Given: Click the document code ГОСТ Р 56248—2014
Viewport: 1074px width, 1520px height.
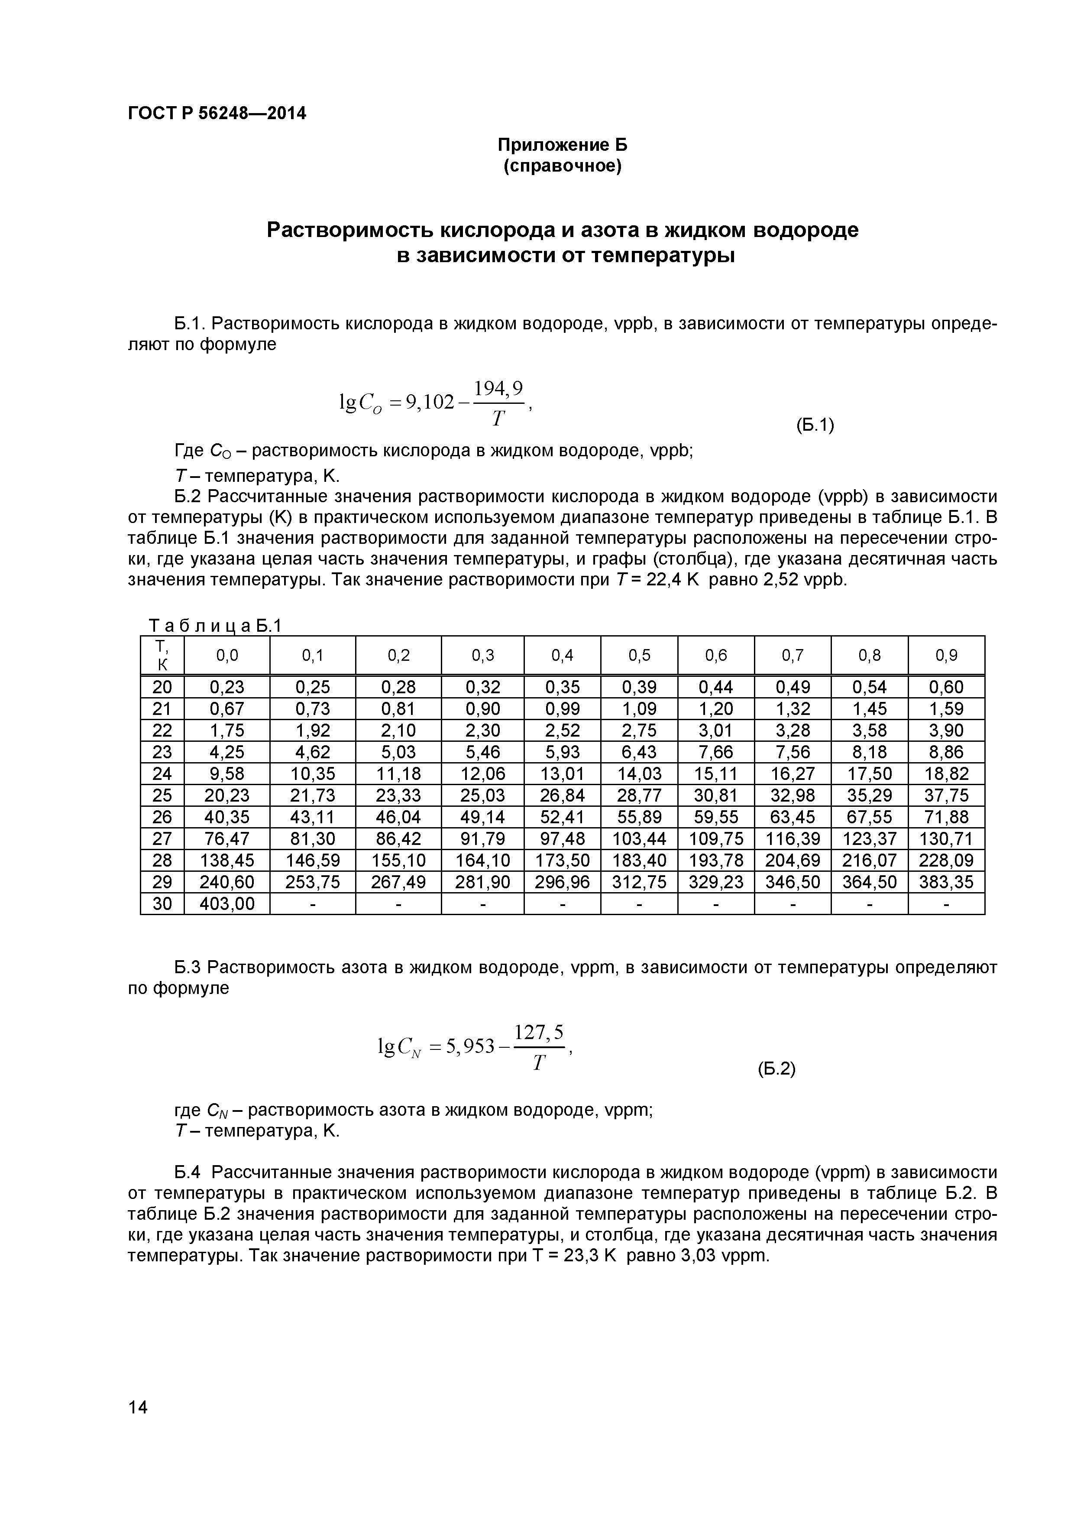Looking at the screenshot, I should tap(217, 114).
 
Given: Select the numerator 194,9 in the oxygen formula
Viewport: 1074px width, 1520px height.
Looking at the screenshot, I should tap(500, 388).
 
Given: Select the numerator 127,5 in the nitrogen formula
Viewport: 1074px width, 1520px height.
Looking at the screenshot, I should tap(539, 1032).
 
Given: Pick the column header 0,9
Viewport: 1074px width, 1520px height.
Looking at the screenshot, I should tap(946, 656).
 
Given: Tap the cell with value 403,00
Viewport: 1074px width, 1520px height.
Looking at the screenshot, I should tap(227, 904).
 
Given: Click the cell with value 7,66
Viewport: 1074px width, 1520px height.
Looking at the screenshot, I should tap(715, 752).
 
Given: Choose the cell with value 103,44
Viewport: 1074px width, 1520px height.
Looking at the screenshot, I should tap(639, 839).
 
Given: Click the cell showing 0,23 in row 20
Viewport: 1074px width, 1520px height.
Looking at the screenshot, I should tap(227, 687).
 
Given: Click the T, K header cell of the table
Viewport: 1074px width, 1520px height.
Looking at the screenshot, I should tap(162, 656).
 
